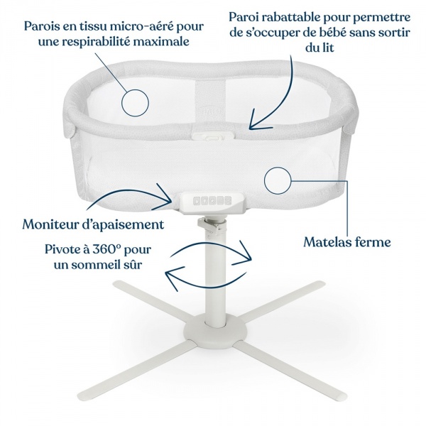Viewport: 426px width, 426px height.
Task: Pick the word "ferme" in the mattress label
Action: pyautogui.click(x=372, y=242)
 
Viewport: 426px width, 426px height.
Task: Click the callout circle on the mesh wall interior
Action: pyautogui.click(x=137, y=103)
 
